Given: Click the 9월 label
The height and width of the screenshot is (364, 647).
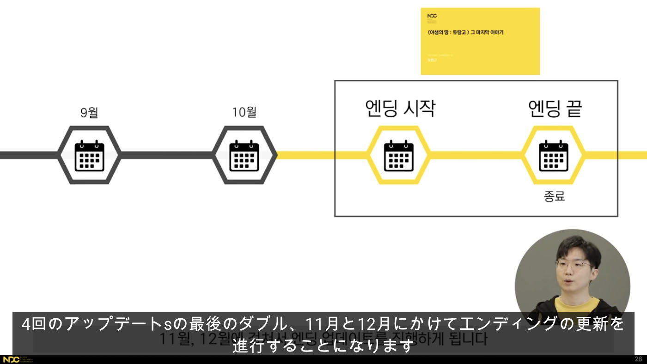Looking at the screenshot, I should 89,112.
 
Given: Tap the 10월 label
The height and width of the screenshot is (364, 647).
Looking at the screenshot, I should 244,112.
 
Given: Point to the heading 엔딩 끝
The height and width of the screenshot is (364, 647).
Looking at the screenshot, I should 555,109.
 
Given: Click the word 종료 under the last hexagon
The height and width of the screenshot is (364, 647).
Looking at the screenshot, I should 555,196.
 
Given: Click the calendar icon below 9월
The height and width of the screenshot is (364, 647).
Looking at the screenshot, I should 90,155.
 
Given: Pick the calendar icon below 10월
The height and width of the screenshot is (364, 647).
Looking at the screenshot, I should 244,155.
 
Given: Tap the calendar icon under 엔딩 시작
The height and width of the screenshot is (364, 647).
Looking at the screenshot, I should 399,155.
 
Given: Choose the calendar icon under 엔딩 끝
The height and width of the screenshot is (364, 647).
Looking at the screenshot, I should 554,155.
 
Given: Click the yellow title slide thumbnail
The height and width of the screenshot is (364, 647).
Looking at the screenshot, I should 480,41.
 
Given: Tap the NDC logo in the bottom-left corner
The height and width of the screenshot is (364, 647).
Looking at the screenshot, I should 11,359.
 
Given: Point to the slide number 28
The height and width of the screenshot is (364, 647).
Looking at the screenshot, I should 638,359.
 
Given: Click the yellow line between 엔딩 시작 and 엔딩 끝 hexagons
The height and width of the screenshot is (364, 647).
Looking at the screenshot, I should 476,155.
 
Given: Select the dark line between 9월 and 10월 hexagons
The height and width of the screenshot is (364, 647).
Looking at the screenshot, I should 167,155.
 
